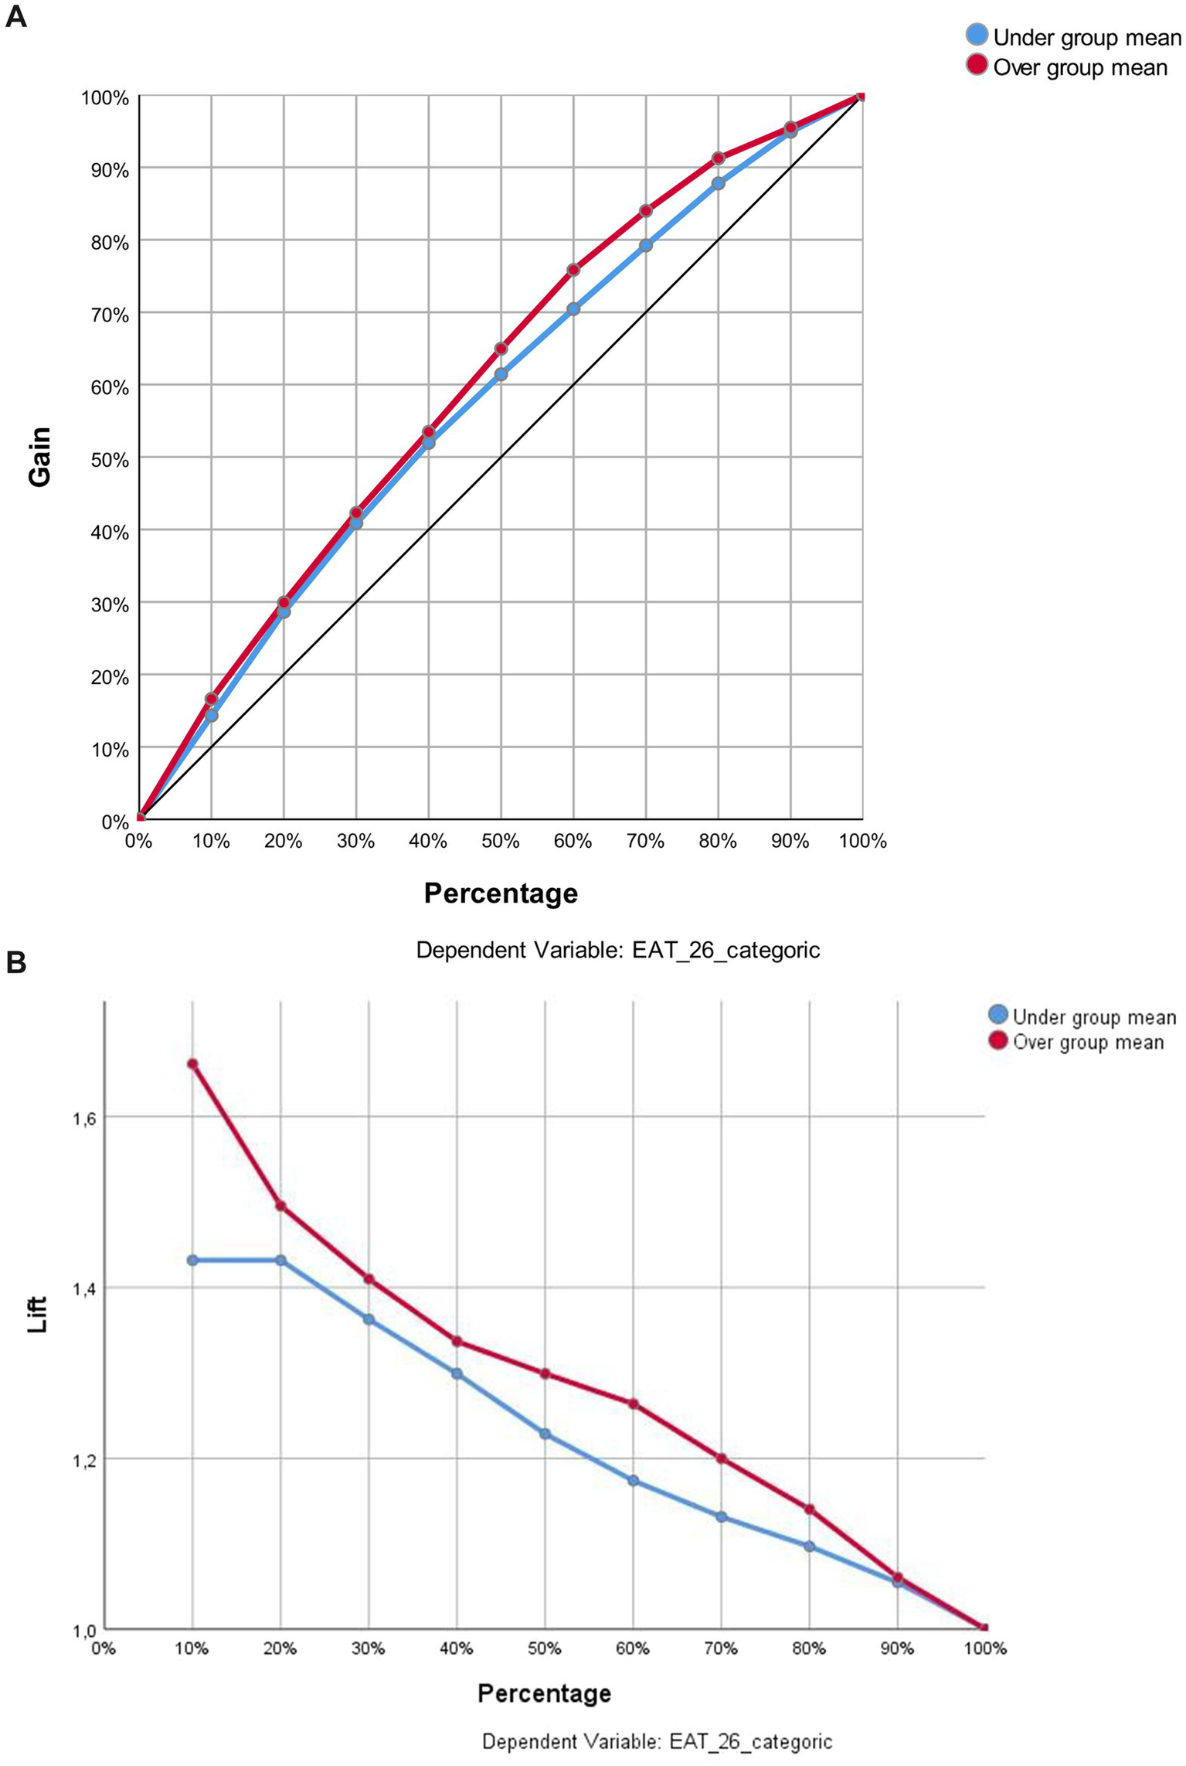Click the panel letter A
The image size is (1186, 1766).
pyautogui.click(x=16, y=17)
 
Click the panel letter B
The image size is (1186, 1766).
pyautogui.click(x=16, y=962)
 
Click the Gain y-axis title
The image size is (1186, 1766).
pyautogui.click(x=39, y=456)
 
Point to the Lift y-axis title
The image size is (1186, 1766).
pyautogui.click(x=37, y=1314)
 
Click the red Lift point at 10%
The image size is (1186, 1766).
pyautogui.click(x=192, y=1064)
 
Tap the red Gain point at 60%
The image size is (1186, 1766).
pyautogui.click(x=573, y=270)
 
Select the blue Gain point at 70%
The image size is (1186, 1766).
pyautogui.click(x=646, y=246)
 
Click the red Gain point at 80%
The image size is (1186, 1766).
pyautogui.click(x=718, y=158)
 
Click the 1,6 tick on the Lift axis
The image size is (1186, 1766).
pyautogui.click(x=83, y=1118)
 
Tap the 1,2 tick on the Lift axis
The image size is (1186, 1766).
pyautogui.click(x=83, y=1459)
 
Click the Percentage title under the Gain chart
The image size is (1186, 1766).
pyautogui.click(x=501, y=893)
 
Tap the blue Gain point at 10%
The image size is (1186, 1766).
pyautogui.click(x=212, y=716)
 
